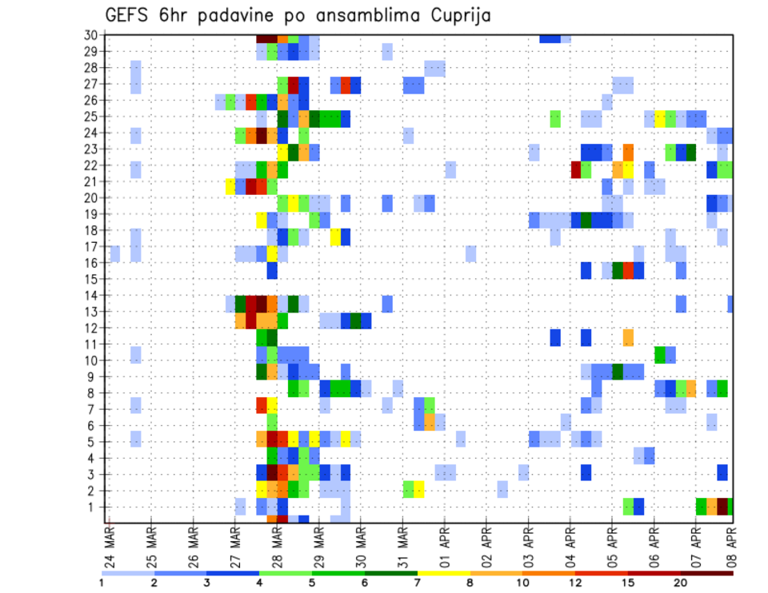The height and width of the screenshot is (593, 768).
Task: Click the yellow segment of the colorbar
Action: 444,573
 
